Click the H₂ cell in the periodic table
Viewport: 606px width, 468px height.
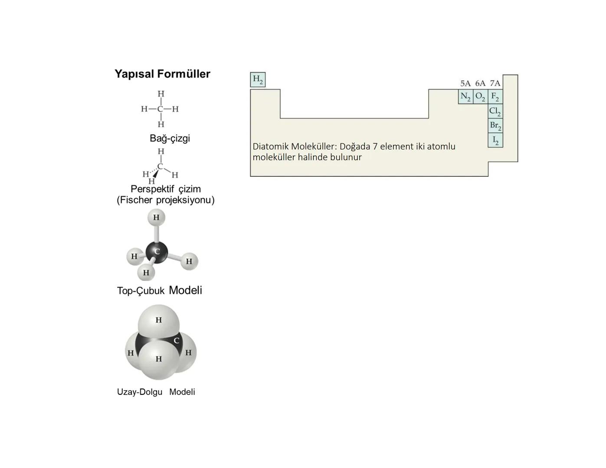pyautogui.click(x=258, y=80)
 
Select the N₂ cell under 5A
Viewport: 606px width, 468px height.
pyautogui.click(x=465, y=97)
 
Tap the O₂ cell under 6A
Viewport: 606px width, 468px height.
pyautogui.click(x=480, y=97)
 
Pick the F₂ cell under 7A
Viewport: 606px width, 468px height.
pyautogui.click(x=495, y=97)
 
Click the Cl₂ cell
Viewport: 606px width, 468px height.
pyautogui.click(x=495, y=111)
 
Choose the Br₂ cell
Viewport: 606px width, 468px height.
pyautogui.click(x=495, y=126)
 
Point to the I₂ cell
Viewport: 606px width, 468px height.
pyautogui.click(x=495, y=140)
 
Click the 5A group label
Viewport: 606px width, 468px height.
pyautogui.click(x=465, y=83)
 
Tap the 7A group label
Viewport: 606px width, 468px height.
pyautogui.click(x=495, y=83)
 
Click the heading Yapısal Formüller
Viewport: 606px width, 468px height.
pyautogui.click(x=162, y=74)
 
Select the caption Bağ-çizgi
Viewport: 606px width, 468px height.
pyautogui.click(x=170, y=138)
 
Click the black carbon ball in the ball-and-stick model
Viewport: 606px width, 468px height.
pyautogui.click(x=156, y=252)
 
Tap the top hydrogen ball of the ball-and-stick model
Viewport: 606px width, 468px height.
pyautogui.click(x=156, y=218)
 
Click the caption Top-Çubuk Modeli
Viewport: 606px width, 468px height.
pyautogui.click(x=159, y=290)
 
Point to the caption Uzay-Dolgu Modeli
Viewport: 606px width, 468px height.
pyautogui.click(x=156, y=392)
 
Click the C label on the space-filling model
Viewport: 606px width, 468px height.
pyautogui.click(x=176, y=341)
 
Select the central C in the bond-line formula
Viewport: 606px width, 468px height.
pyautogui.click(x=161, y=109)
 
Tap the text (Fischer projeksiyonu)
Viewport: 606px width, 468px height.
pyautogui.click(x=165, y=200)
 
